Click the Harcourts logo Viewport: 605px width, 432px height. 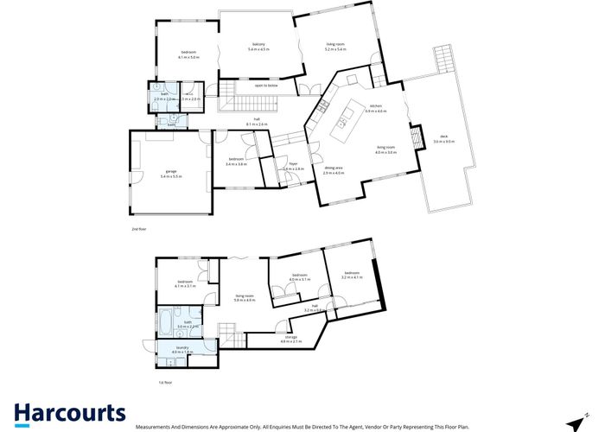tap(69, 414)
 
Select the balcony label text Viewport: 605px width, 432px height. tap(258, 47)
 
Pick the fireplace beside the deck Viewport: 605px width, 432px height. tap(414, 137)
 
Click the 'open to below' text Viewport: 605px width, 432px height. tap(265, 86)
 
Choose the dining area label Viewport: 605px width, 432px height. tap(334, 170)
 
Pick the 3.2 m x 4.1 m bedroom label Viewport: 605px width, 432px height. tap(352, 276)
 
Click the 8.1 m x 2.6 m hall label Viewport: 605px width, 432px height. tap(257, 123)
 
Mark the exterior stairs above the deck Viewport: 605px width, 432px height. tap(443, 60)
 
